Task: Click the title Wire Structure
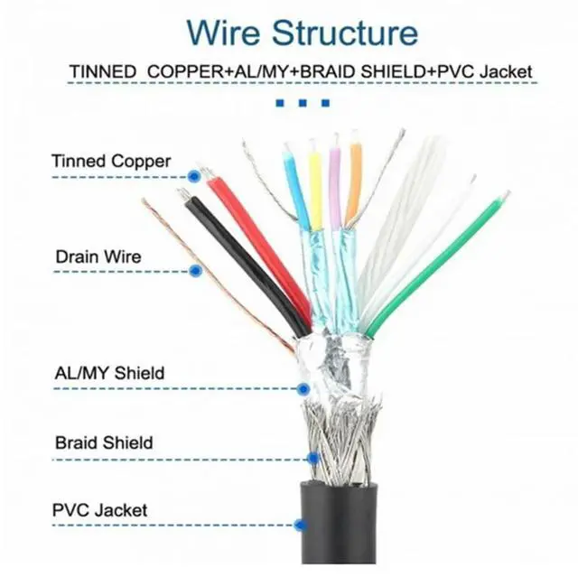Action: tap(303, 33)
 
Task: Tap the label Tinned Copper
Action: tap(110, 162)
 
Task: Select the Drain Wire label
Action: tap(98, 256)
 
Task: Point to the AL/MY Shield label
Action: tap(109, 372)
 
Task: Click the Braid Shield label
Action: tap(103, 443)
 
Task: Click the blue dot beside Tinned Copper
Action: tap(193, 177)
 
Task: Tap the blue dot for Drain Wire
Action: tap(195, 270)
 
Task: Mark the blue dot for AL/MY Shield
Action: tap(303, 389)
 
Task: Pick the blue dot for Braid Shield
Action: tap(312, 459)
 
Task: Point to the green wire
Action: tap(433, 262)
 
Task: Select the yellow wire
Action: tap(315, 190)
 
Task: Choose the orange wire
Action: tap(354, 185)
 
